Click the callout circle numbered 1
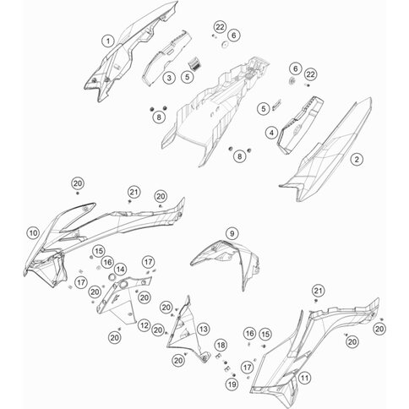108,41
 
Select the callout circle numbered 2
357,160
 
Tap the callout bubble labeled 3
169,78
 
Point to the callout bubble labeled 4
271,133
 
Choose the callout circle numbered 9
232,233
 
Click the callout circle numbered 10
33,233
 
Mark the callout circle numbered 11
304,378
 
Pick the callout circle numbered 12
145,325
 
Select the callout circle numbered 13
204,329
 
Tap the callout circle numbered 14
120,270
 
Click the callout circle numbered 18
221,345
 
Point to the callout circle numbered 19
232,384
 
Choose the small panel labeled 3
166,57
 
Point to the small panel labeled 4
300,125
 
